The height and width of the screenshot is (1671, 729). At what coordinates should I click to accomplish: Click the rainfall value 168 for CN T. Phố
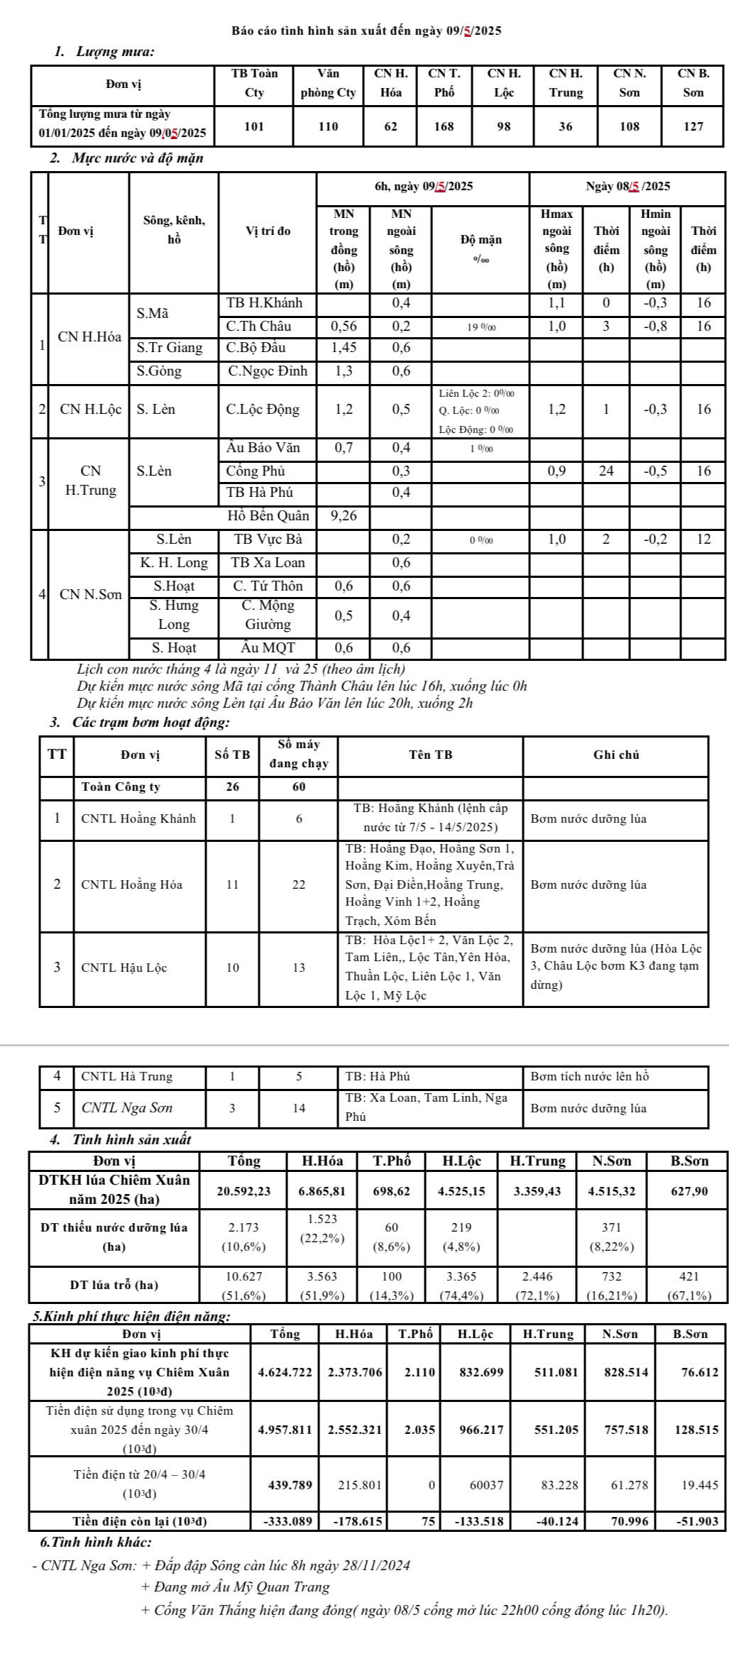[x=444, y=126]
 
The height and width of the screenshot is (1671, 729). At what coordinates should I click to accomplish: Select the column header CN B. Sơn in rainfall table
[x=693, y=82]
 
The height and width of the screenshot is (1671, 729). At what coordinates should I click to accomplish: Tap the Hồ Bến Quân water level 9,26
[x=344, y=516]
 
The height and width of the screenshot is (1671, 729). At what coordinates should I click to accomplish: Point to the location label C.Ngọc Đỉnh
[x=268, y=371]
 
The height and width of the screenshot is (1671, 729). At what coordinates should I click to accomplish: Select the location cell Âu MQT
[x=268, y=647]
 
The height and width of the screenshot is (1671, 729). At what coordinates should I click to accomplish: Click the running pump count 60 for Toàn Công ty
[x=299, y=787]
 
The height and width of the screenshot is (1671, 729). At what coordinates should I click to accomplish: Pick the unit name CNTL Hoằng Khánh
[x=138, y=818]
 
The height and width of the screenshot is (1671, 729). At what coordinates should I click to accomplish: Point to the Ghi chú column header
[x=615, y=755]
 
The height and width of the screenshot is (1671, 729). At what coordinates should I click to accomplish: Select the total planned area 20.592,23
[x=243, y=1191]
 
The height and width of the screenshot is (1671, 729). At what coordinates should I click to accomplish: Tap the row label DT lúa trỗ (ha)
[x=114, y=1284]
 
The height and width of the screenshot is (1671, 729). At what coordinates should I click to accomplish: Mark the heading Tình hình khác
[x=96, y=1543]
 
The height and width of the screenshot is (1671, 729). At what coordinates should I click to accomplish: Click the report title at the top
[x=366, y=31]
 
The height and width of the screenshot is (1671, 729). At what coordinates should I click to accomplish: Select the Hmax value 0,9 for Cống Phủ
[x=557, y=471]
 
